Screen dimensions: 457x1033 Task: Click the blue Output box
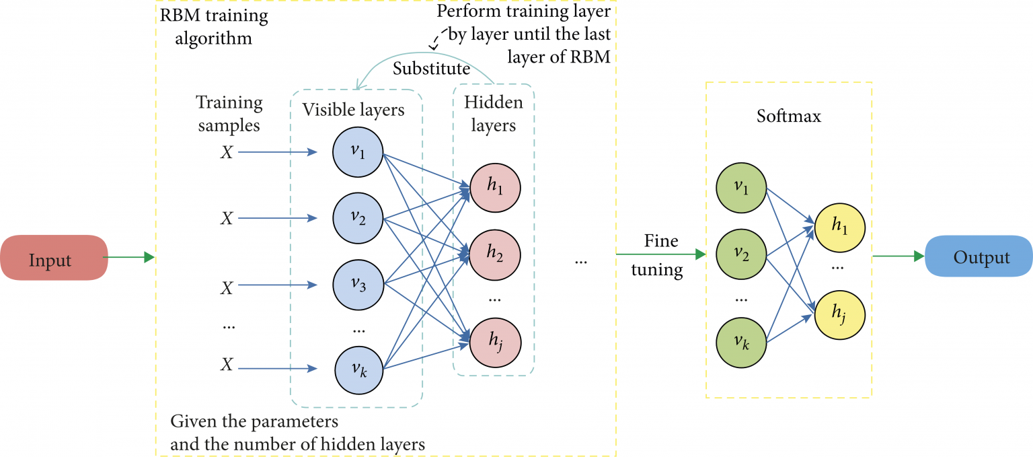(979, 257)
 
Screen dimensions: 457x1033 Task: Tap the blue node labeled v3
(358, 285)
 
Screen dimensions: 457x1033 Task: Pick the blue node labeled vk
(359, 369)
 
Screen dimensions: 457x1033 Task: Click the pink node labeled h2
(494, 254)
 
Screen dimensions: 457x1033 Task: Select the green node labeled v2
(741, 254)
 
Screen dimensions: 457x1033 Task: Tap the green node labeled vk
(741, 342)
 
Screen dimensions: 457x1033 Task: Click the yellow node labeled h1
(839, 225)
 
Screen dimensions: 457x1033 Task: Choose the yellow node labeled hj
(839, 313)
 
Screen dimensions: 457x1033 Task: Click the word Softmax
(788, 116)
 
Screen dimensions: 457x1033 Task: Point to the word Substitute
(431, 69)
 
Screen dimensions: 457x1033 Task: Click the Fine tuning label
(660, 255)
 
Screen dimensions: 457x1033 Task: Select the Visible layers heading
(353, 110)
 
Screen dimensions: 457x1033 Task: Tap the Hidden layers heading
(493, 113)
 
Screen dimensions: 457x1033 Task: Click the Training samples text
(229, 114)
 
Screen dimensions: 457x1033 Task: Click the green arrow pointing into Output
(898, 256)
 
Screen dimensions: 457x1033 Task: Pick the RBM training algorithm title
(213, 26)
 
